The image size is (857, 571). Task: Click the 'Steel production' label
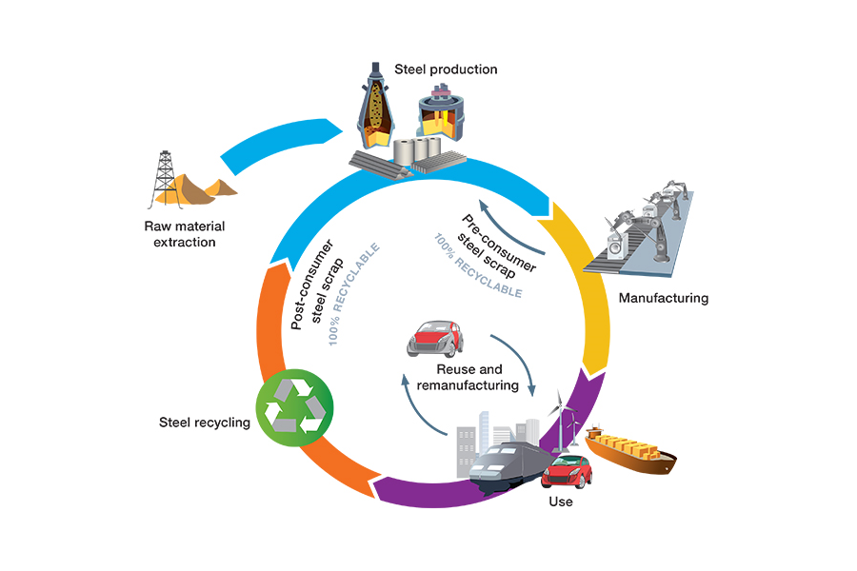coord(447,69)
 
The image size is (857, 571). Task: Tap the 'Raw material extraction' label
coord(180,234)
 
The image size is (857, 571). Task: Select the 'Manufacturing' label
coord(664,298)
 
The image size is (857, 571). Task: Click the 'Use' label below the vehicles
coord(561,501)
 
